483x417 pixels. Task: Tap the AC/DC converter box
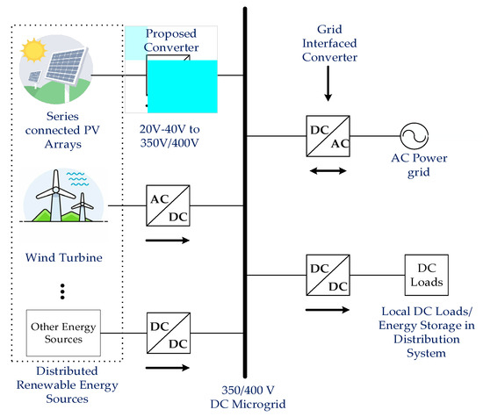point(166,207)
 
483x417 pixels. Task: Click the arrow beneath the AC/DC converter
point(166,238)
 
